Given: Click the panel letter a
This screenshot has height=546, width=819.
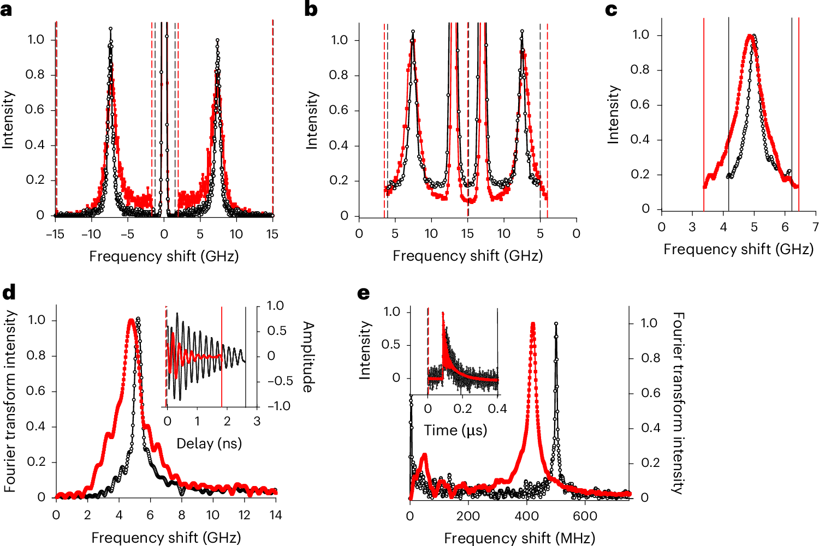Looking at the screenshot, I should point(7,9).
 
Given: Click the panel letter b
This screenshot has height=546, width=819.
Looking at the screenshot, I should point(311,9).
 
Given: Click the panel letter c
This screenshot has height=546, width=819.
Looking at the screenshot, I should point(612,9).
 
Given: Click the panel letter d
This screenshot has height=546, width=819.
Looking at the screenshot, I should point(9,293).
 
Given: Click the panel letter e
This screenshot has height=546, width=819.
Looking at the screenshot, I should point(363,293).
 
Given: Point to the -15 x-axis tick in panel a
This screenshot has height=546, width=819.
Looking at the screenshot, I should point(55,234).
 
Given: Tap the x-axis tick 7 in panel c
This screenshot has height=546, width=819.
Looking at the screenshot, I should point(815,227).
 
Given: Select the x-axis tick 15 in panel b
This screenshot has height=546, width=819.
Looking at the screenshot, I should point(467,234).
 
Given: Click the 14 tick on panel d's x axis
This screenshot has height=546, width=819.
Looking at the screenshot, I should point(275,515).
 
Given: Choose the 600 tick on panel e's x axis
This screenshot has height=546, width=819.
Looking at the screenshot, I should point(585,516).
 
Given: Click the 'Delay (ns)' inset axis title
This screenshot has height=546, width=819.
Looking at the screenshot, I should point(209,443).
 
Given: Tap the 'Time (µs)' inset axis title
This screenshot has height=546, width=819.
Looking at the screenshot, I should point(455,430).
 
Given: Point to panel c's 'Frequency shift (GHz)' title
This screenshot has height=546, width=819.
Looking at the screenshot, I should point(738,249).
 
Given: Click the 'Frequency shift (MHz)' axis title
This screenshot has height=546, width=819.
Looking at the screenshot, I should point(519,538).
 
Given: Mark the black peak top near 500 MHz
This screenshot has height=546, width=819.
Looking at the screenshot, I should point(556,323).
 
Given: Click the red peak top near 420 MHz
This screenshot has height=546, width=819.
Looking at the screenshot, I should point(532,324).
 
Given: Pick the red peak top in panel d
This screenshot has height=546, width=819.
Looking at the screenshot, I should point(130,321).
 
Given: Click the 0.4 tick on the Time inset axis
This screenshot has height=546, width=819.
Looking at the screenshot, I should point(497,409).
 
